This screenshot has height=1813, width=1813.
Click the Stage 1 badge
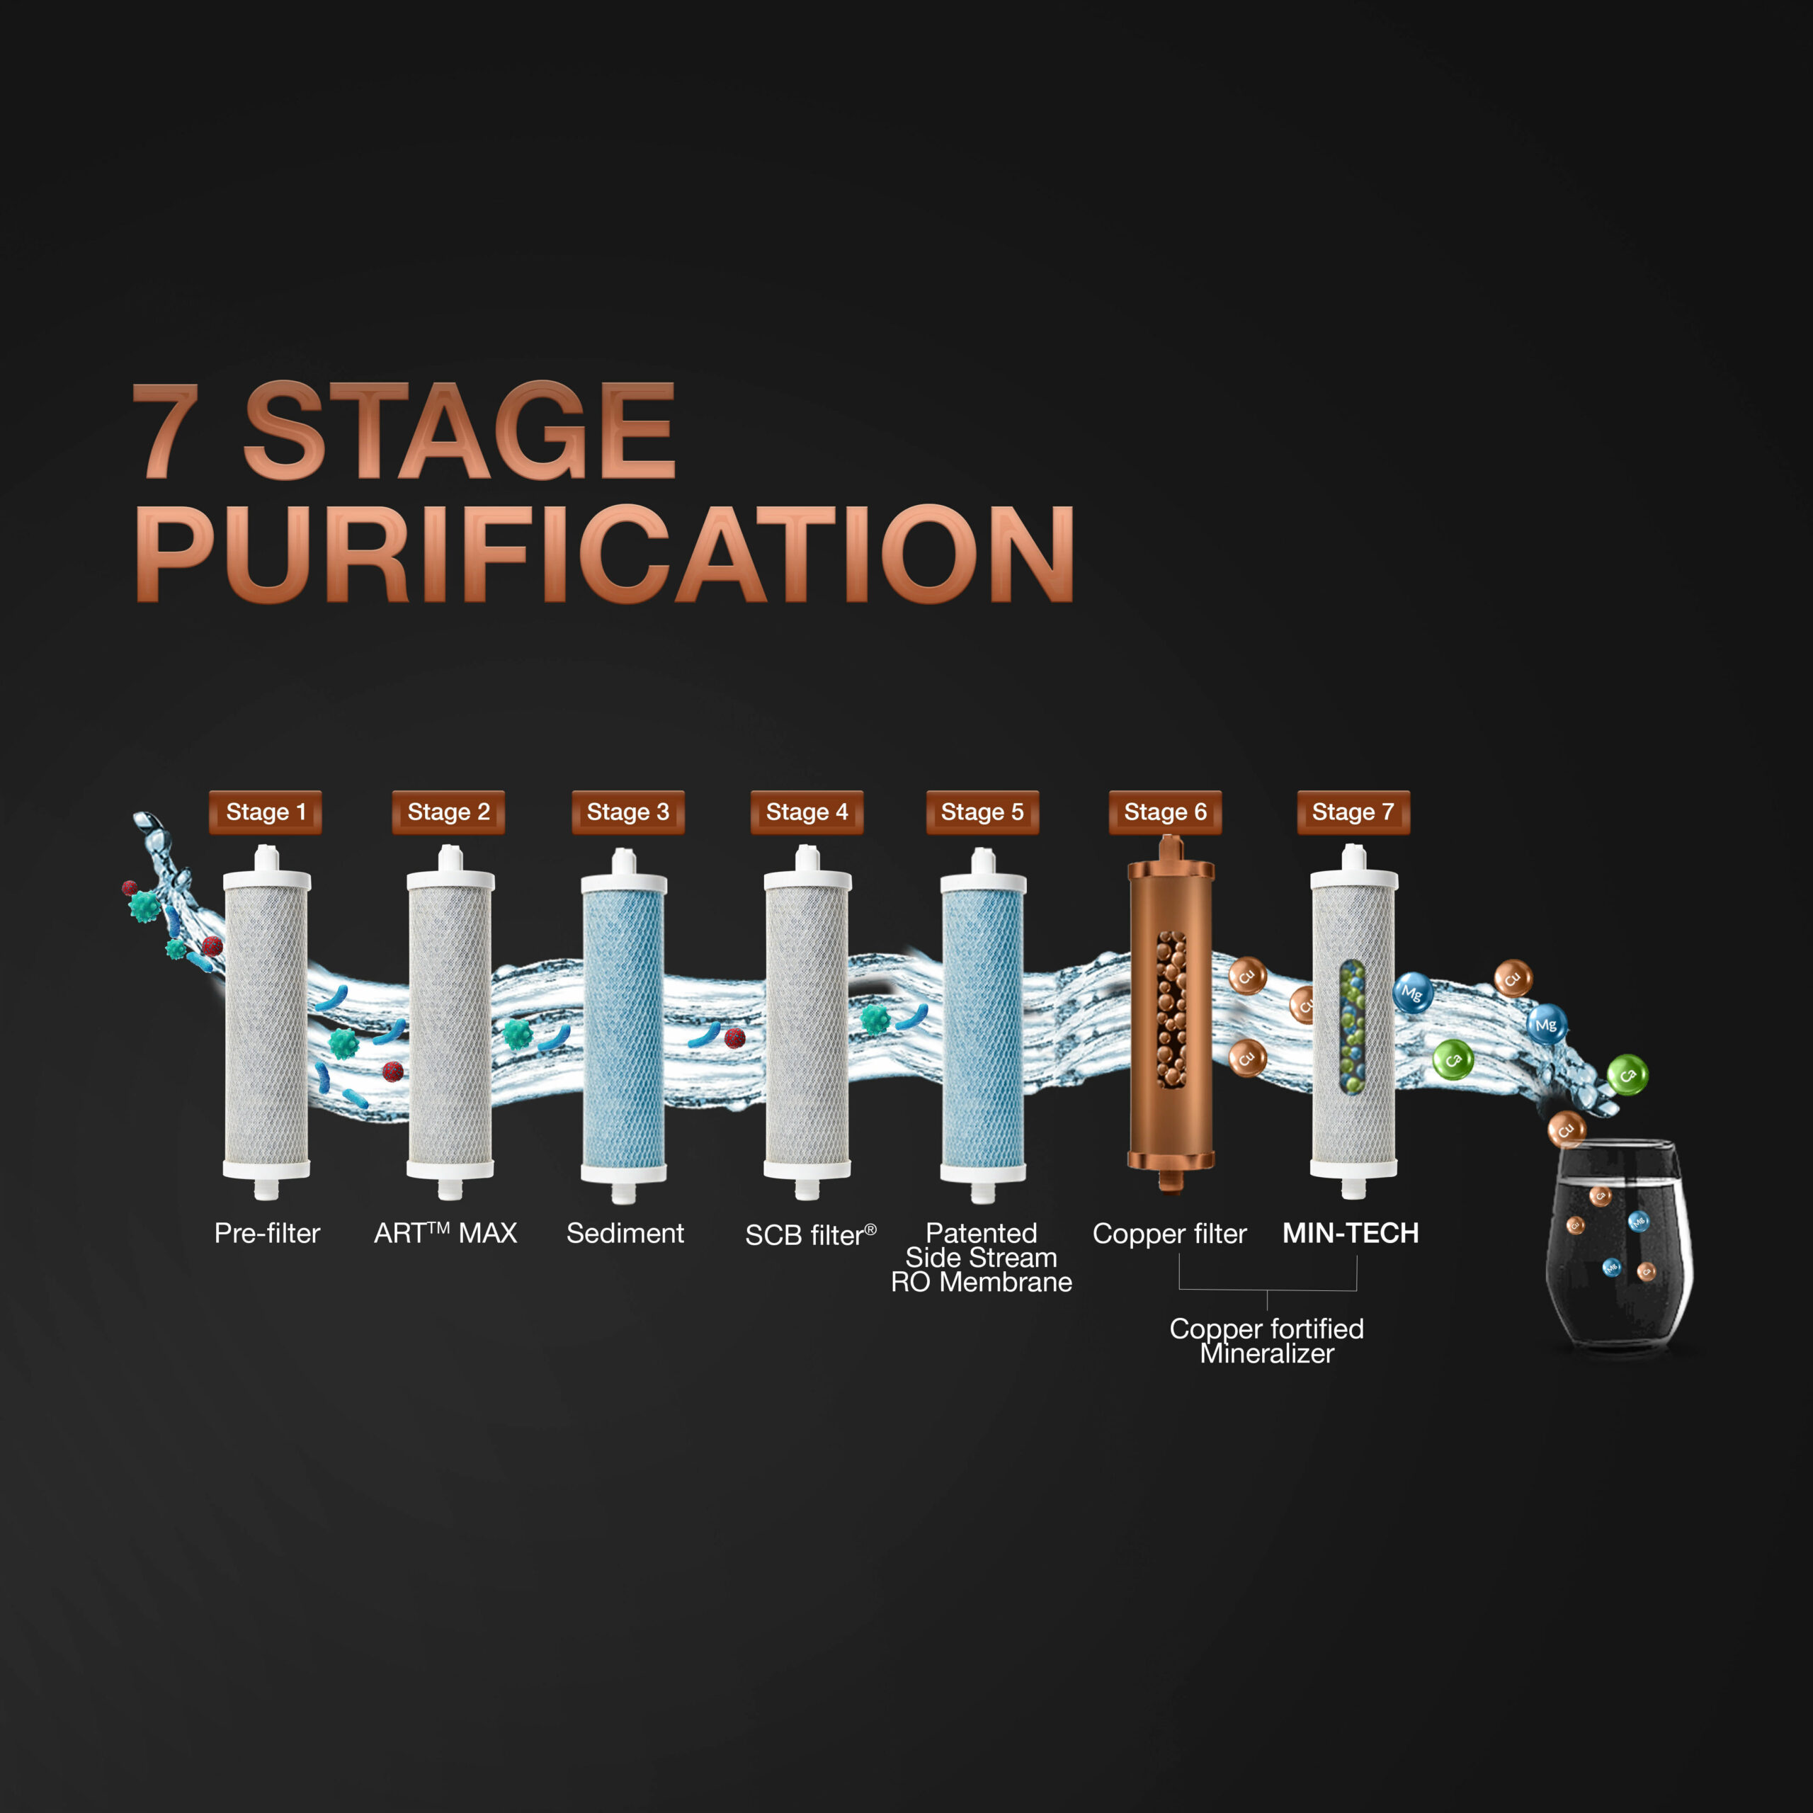[x=266, y=812]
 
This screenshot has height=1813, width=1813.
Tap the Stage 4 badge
[x=807, y=812]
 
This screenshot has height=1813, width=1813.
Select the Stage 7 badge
[x=1353, y=812]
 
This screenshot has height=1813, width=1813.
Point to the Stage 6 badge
[x=1166, y=812]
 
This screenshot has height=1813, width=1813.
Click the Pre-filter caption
[x=268, y=1233]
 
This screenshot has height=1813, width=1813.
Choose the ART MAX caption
[x=445, y=1233]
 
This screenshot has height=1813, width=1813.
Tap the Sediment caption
[x=625, y=1233]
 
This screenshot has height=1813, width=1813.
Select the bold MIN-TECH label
[x=1351, y=1233]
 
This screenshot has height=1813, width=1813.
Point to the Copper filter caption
[x=1169, y=1234]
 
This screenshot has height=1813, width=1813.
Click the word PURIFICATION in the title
[x=606, y=554]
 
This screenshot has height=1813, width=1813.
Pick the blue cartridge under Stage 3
[x=624, y=1025]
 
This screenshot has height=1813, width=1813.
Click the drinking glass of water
[x=1619, y=1244]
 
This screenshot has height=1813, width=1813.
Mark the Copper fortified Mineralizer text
[x=1267, y=1341]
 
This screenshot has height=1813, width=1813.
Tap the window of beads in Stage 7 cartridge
[x=1351, y=1028]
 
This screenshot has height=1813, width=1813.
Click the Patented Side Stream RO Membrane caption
[x=982, y=1258]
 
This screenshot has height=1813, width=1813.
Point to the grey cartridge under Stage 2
[x=450, y=1023]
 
